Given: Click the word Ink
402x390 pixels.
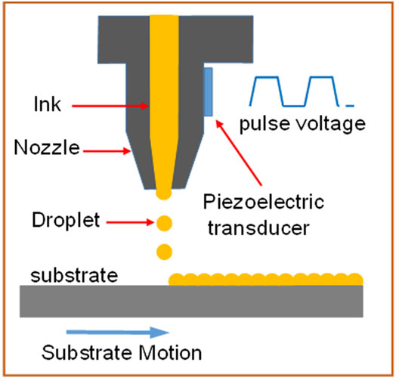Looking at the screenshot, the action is pyautogui.click(x=48, y=104).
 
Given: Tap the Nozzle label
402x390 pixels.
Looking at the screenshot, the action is pyautogui.click(x=47, y=147).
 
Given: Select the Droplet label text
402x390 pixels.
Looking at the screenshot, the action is pyautogui.click(x=66, y=220).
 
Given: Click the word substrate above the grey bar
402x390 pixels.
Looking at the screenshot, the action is pyautogui.click(x=74, y=276).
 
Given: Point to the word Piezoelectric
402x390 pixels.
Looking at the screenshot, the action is pyautogui.click(x=264, y=202).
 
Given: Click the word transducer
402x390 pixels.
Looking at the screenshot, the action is pyautogui.click(x=258, y=228).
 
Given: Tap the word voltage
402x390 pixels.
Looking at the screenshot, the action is pyautogui.click(x=331, y=124).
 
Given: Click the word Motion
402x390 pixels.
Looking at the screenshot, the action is pyautogui.click(x=170, y=353).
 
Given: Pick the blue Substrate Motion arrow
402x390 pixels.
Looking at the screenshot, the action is pyautogui.click(x=118, y=333).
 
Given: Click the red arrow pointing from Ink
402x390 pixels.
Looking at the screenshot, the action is pyautogui.click(x=110, y=106).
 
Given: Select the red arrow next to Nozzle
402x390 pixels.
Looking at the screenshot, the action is pyautogui.click(x=107, y=151).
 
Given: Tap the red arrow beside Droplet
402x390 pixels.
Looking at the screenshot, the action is pyautogui.click(x=130, y=222).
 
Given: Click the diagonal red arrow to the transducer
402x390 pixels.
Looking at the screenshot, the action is pyautogui.click(x=239, y=153).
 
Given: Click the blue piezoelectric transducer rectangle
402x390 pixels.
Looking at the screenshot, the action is pyautogui.click(x=209, y=91).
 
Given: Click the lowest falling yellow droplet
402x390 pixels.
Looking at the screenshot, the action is pyautogui.click(x=164, y=252).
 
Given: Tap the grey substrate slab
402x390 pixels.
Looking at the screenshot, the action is pyautogui.click(x=191, y=302).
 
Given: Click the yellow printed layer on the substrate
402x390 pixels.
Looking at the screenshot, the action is pyautogui.click(x=266, y=280).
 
